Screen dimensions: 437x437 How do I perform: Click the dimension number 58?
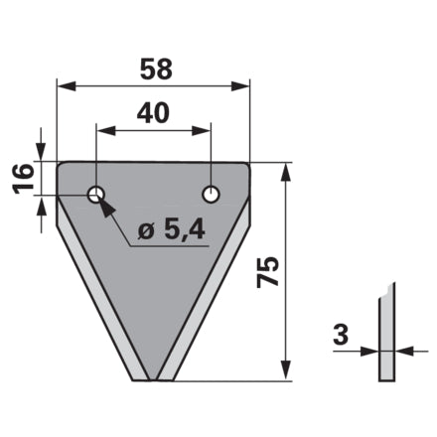(156, 70)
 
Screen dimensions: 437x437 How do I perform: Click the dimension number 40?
(153, 113)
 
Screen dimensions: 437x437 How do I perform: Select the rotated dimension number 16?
(24, 178)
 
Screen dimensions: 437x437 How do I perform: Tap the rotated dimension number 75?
(268, 271)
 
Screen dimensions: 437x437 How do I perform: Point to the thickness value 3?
(341, 335)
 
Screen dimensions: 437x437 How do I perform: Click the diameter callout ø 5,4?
(171, 230)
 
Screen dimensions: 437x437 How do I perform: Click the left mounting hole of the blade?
(96, 194)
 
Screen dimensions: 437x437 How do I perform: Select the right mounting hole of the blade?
(211, 194)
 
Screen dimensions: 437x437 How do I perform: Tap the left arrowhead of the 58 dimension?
(67, 86)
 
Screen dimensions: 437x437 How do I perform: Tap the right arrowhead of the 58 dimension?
(240, 86)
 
